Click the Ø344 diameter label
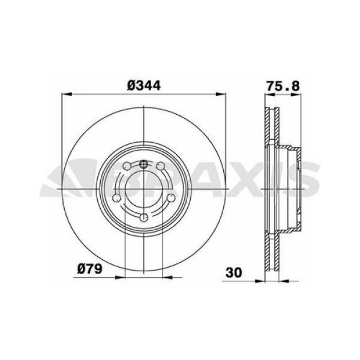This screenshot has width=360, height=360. pyautogui.click(x=144, y=86)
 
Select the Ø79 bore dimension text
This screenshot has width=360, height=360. pyautogui.click(x=89, y=268)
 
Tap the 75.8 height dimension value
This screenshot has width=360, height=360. pyautogui.click(x=283, y=86)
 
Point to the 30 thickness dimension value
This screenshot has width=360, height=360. pyautogui.click(x=234, y=273)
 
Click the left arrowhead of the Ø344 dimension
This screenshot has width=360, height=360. pyautogui.click(x=67, y=94)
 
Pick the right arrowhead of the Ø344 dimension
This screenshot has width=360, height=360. pyautogui.click(x=221, y=94)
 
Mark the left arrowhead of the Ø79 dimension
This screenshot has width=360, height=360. pyautogui.click(x=121, y=277)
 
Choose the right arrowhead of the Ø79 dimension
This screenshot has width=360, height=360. pyautogui.click(x=167, y=277)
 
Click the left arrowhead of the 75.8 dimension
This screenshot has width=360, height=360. pyautogui.click(x=270, y=94)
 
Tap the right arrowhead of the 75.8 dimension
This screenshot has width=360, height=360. pyautogui.click(x=296, y=94)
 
